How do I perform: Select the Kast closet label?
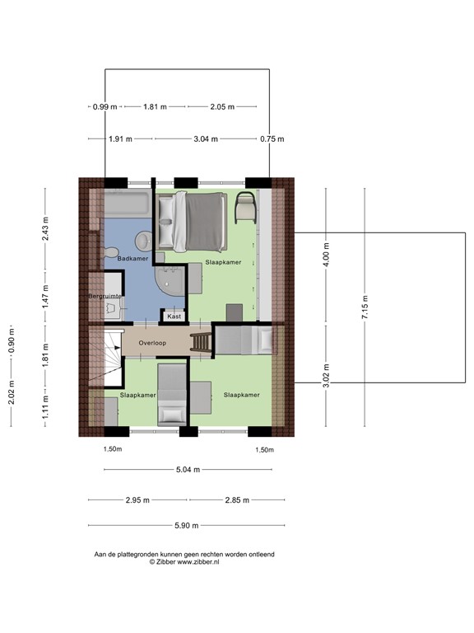[174, 316]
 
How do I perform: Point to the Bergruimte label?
[105, 295]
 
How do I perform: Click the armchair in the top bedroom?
[246, 208]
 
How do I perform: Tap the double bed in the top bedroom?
[197, 221]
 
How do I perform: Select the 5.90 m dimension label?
[184, 526]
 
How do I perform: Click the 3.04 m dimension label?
[206, 139]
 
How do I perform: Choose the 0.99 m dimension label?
[105, 107]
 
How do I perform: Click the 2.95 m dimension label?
[138, 499]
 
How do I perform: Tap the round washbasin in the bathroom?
[142, 241]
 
